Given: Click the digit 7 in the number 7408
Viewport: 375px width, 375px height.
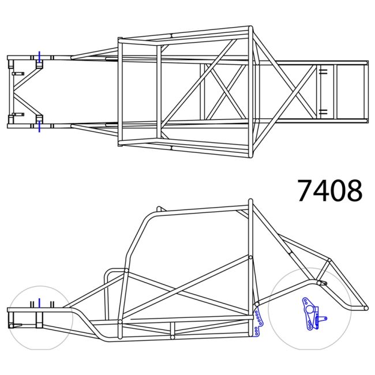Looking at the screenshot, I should point(306,190).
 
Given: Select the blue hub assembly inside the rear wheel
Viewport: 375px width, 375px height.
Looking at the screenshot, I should point(312,314).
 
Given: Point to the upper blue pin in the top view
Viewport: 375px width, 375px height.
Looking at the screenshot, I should point(39,58).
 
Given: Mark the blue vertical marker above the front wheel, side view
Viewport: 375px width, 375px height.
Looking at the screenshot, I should point(39,303).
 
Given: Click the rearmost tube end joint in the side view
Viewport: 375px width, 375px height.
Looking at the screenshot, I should point(366,308).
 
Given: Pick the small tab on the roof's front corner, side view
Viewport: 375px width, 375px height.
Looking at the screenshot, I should point(160,209).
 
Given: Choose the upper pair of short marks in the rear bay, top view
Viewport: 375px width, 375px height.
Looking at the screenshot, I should point(323,72).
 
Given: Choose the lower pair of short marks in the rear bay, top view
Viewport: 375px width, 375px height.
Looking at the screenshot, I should point(323,111).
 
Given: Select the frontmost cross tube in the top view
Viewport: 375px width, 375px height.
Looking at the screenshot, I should point(9,91).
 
